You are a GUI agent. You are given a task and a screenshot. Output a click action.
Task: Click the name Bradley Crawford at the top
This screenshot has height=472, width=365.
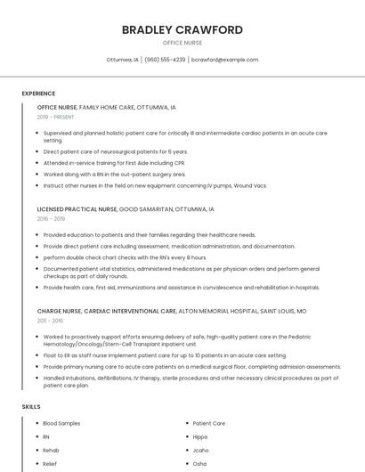coord(182,30)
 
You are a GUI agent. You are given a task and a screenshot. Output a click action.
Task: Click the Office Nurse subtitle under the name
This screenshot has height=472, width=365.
coord(182,43)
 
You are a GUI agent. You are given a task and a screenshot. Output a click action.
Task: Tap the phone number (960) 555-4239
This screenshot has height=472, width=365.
coord(165,60)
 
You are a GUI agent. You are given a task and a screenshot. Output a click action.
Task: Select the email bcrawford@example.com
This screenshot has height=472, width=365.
coord(224,60)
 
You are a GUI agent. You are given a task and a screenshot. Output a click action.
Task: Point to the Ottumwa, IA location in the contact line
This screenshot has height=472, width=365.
coord(122,60)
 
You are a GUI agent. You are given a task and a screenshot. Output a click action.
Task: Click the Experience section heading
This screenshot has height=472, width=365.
coord(38,94)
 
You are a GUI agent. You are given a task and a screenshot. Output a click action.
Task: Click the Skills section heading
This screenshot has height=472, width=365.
coord(31,407)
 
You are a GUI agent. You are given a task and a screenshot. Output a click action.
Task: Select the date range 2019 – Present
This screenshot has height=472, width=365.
coord(55,117)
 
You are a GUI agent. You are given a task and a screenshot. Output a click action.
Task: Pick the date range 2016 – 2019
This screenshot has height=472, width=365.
coord(51,218)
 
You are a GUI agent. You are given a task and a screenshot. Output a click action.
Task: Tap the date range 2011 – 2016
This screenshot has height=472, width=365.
coord(50,321)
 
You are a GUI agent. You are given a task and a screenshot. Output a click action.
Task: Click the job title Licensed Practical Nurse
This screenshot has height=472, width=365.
coord(77,209)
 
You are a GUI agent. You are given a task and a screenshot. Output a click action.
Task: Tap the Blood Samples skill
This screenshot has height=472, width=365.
coord(61,423)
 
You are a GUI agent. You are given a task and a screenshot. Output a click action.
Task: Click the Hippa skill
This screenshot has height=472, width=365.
coord(200,436)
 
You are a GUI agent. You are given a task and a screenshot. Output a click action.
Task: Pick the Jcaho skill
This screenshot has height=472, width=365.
coord(200,451)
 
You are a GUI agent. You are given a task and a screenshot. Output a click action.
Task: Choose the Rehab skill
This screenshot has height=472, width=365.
coord(51,451)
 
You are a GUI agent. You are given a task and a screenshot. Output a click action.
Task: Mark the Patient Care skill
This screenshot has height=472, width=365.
coord(208,423)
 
